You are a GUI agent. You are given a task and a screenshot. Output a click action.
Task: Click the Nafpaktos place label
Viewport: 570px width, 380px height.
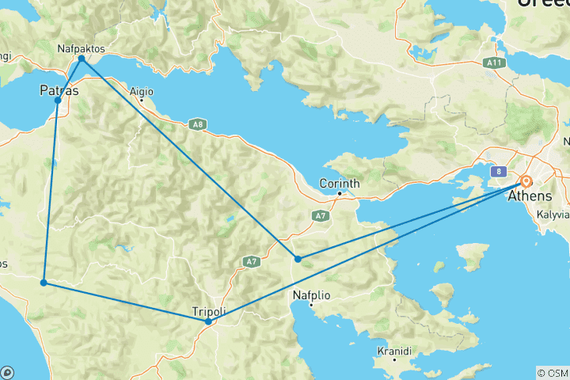click(x=82, y=48)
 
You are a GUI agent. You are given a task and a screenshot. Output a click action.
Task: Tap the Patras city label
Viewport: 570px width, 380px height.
click(x=59, y=91)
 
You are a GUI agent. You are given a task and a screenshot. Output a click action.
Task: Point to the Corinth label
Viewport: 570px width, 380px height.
click(x=339, y=184)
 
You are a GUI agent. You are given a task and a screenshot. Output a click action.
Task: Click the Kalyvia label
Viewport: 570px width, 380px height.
click(x=553, y=215)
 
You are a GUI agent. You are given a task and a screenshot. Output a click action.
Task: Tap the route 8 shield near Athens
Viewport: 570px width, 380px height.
click(x=500, y=170)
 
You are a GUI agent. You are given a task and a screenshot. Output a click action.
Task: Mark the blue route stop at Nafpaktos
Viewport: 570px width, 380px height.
click(x=82, y=59)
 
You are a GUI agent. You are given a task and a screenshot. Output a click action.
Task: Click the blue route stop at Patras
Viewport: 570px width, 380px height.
click(x=58, y=101)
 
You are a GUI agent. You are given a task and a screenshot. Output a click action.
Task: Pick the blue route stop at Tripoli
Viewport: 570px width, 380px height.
click(x=208, y=321)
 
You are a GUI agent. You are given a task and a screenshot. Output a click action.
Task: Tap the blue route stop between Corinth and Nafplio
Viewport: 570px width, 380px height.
click(x=298, y=259)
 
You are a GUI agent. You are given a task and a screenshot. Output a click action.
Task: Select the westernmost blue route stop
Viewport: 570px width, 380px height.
click(x=44, y=282)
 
